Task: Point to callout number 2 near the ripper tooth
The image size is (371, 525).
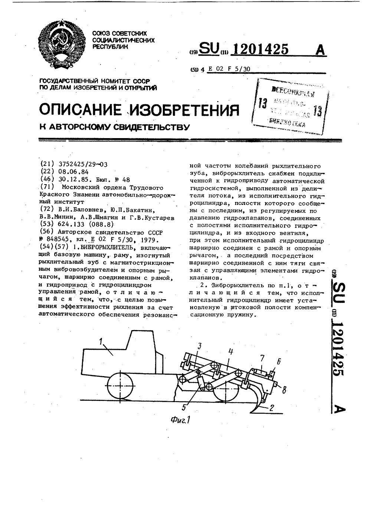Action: tap(272, 408)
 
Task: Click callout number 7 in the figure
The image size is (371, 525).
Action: tap(262, 358)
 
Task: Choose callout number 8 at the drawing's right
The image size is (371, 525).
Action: tap(284, 389)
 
